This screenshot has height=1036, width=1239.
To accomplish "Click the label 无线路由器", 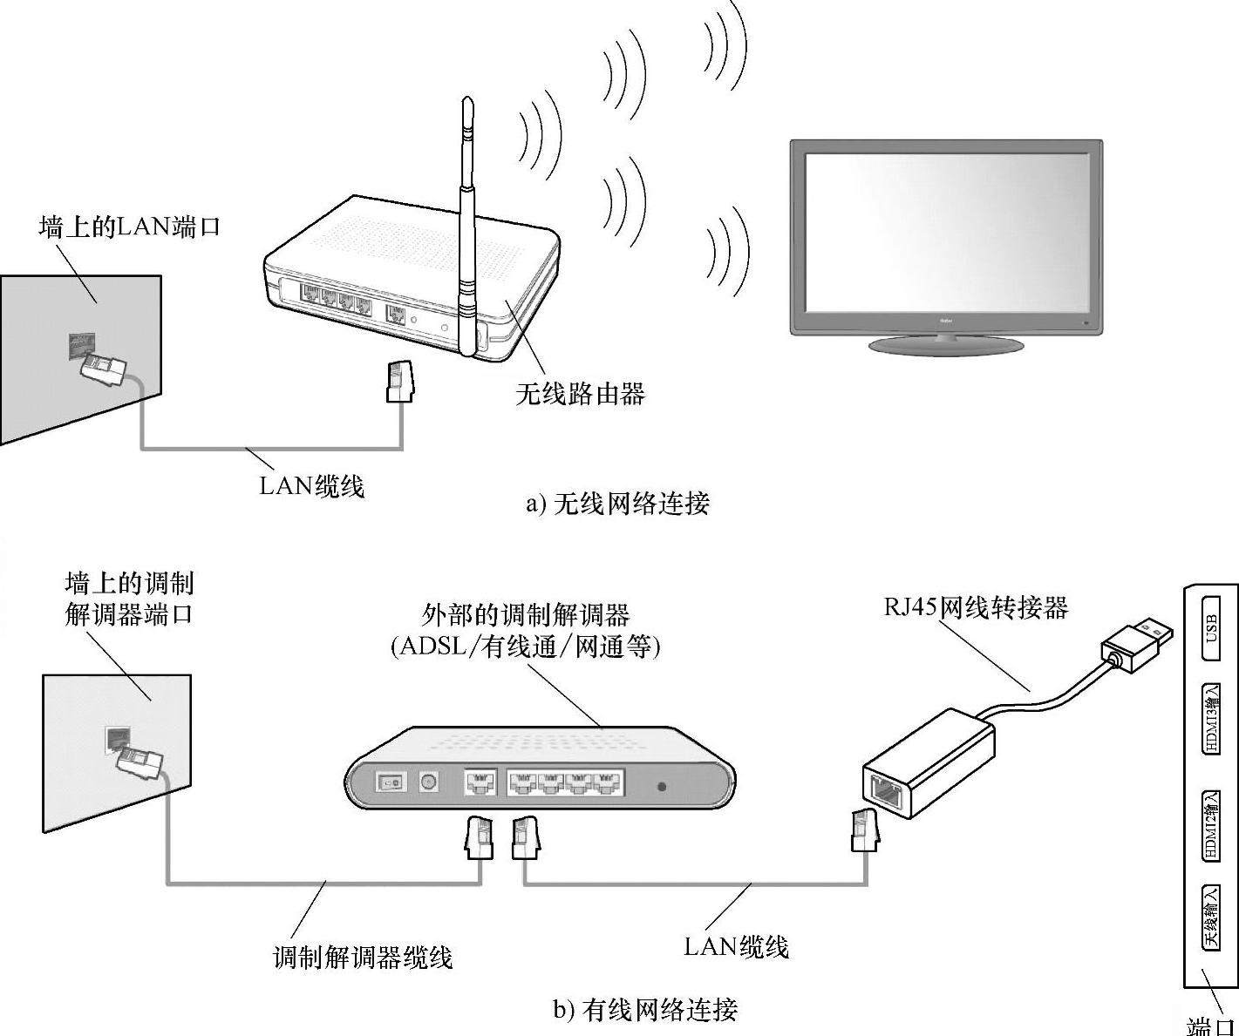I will [x=580, y=394].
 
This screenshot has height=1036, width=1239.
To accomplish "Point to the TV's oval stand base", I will [x=946, y=345].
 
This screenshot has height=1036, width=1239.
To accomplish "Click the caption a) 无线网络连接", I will [x=618, y=504].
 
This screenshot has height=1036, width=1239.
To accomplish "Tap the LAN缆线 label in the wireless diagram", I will [x=311, y=485].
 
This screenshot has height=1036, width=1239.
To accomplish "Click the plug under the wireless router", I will [x=398, y=383].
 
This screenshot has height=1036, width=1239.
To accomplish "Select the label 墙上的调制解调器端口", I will [x=129, y=598].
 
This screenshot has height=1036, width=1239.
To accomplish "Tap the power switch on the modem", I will [x=391, y=782].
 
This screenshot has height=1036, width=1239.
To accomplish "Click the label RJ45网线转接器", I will [x=976, y=606].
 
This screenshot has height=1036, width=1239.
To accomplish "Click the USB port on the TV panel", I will [x=1211, y=622].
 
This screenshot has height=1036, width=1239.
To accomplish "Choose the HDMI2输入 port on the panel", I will [x=1211, y=826].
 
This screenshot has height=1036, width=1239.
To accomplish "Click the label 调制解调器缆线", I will [x=363, y=958].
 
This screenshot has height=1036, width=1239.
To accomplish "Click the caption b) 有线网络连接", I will [x=646, y=1009].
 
